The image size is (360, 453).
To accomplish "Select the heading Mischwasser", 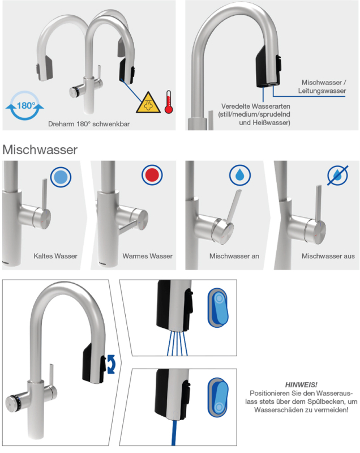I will tap(40, 150).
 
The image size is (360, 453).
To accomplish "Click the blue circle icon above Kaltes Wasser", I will tap(61, 177).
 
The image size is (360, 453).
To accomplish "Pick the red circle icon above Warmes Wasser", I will tap(152, 177).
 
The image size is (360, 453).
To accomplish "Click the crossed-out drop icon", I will tap(338, 176).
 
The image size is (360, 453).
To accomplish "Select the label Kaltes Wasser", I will tap(55, 257).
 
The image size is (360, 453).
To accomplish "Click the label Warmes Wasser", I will tap(147, 257).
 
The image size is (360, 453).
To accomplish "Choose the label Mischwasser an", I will tap(234, 257).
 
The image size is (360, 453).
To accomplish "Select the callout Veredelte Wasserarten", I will tap(256, 106).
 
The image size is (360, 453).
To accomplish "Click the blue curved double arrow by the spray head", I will tap(112, 362).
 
